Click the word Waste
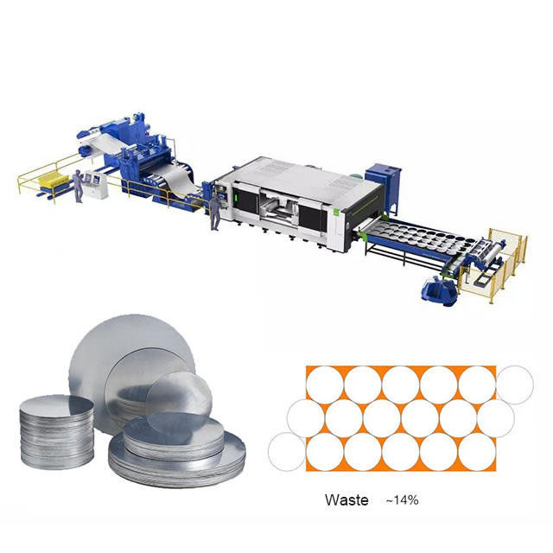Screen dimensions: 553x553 pyautogui.click(x=346, y=500)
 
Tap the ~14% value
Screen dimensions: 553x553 pyautogui.click(x=402, y=499)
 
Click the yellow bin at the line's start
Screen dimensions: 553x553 pyautogui.click(x=54, y=179)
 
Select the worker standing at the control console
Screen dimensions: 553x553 pyautogui.click(x=79, y=186)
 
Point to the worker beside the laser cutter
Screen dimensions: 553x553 pyautogui.click(x=215, y=213)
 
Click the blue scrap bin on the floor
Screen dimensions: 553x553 pyautogui.click(x=440, y=291)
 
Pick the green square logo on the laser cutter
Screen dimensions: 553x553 pyautogui.click(x=336, y=212)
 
